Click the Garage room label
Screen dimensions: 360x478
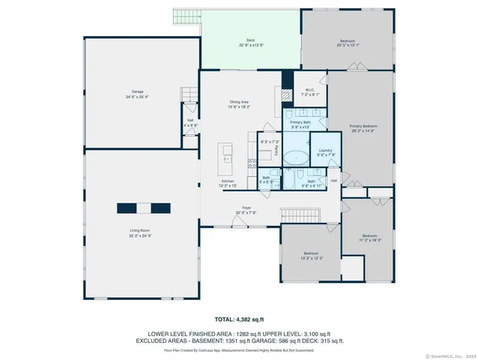pos(137,94)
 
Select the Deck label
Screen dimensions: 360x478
pos(251,42)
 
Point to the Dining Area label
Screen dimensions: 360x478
pos(240,104)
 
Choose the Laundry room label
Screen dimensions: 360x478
pos(325,152)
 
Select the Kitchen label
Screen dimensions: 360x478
pos(228,183)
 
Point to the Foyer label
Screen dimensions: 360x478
pos(246,209)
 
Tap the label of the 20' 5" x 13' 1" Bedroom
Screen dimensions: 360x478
pos(348,43)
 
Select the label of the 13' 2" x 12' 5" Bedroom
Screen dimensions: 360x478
pos(311,256)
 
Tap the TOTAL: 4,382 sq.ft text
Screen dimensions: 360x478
pos(238,319)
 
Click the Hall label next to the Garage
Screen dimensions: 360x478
pos(190,122)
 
